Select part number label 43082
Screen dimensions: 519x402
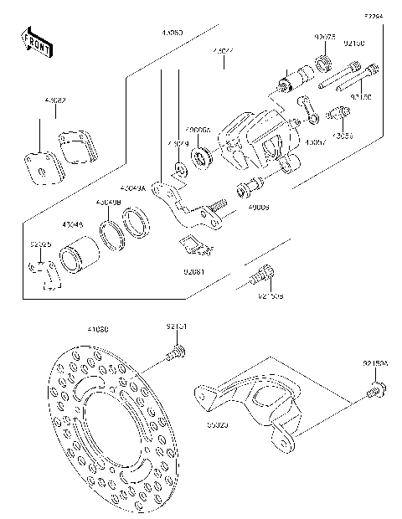coord(55,100)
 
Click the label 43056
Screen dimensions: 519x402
coord(342,134)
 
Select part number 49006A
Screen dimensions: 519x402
coord(198,131)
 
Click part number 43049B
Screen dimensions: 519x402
coord(108,203)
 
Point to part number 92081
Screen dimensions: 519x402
coord(195,271)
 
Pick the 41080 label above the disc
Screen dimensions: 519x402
coord(98,329)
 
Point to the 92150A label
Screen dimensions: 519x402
coord(375,364)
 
